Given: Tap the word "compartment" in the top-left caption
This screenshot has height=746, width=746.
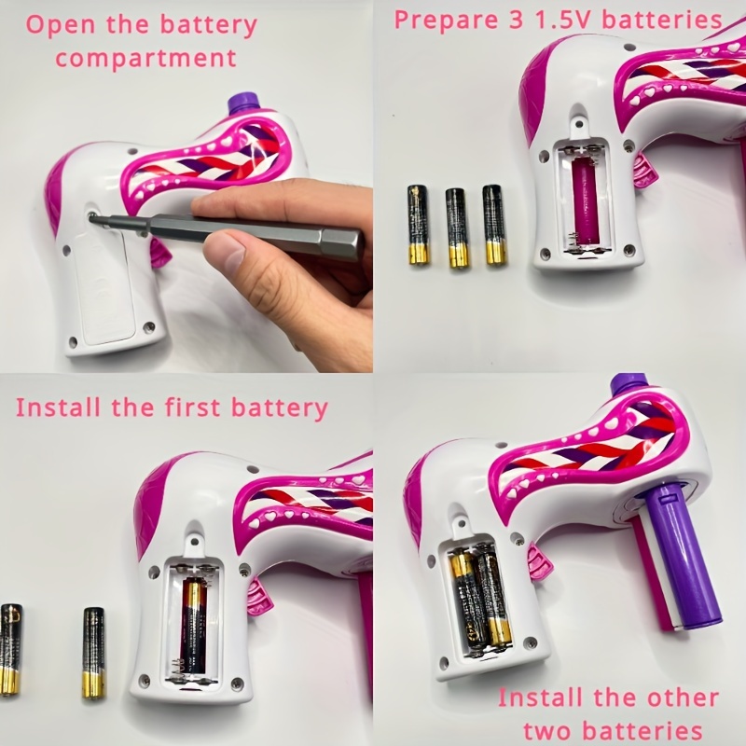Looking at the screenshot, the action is pyautogui.click(x=146, y=58).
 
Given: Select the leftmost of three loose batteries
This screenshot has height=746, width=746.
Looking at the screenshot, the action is pyautogui.click(x=418, y=225).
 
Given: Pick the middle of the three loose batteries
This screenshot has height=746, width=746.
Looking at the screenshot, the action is pyautogui.click(x=456, y=228).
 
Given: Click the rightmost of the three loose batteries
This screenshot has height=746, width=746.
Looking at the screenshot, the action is pyautogui.click(x=494, y=224).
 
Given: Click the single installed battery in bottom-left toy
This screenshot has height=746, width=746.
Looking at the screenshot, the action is pyautogui.click(x=193, y=626).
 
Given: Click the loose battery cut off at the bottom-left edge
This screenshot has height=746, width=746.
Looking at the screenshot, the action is pyautogui.click(x=10, y=649).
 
